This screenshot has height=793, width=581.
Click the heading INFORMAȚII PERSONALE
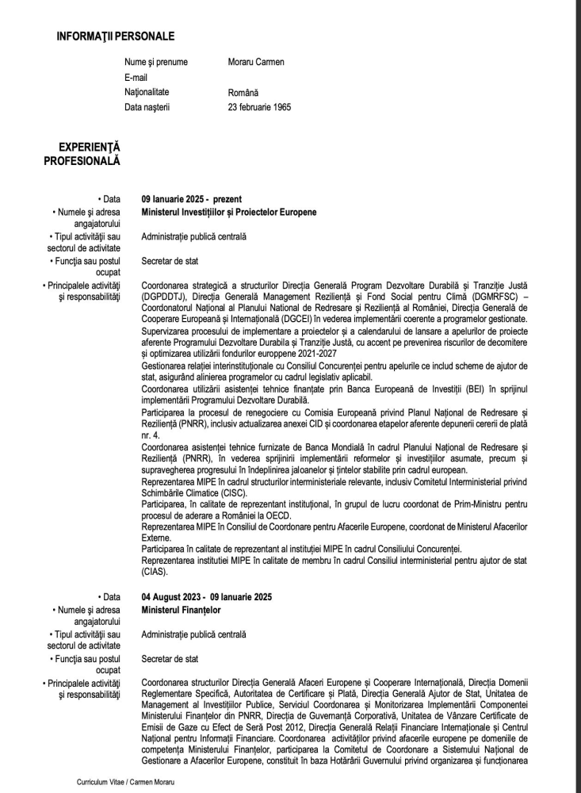(x=116, y=36)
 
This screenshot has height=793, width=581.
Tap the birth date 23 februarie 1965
(x=259, y=107)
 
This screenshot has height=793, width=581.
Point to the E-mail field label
(x=136, y=77)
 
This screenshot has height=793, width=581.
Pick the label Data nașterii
(x=147, y=107)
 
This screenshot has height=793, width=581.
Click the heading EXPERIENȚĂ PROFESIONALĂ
(x=82, y=155)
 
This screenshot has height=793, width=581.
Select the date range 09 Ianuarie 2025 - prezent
(x=191, y=199)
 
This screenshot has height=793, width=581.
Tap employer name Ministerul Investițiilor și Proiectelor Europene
(x=228, y=213)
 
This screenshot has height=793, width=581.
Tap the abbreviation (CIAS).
(x=155, y=570)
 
